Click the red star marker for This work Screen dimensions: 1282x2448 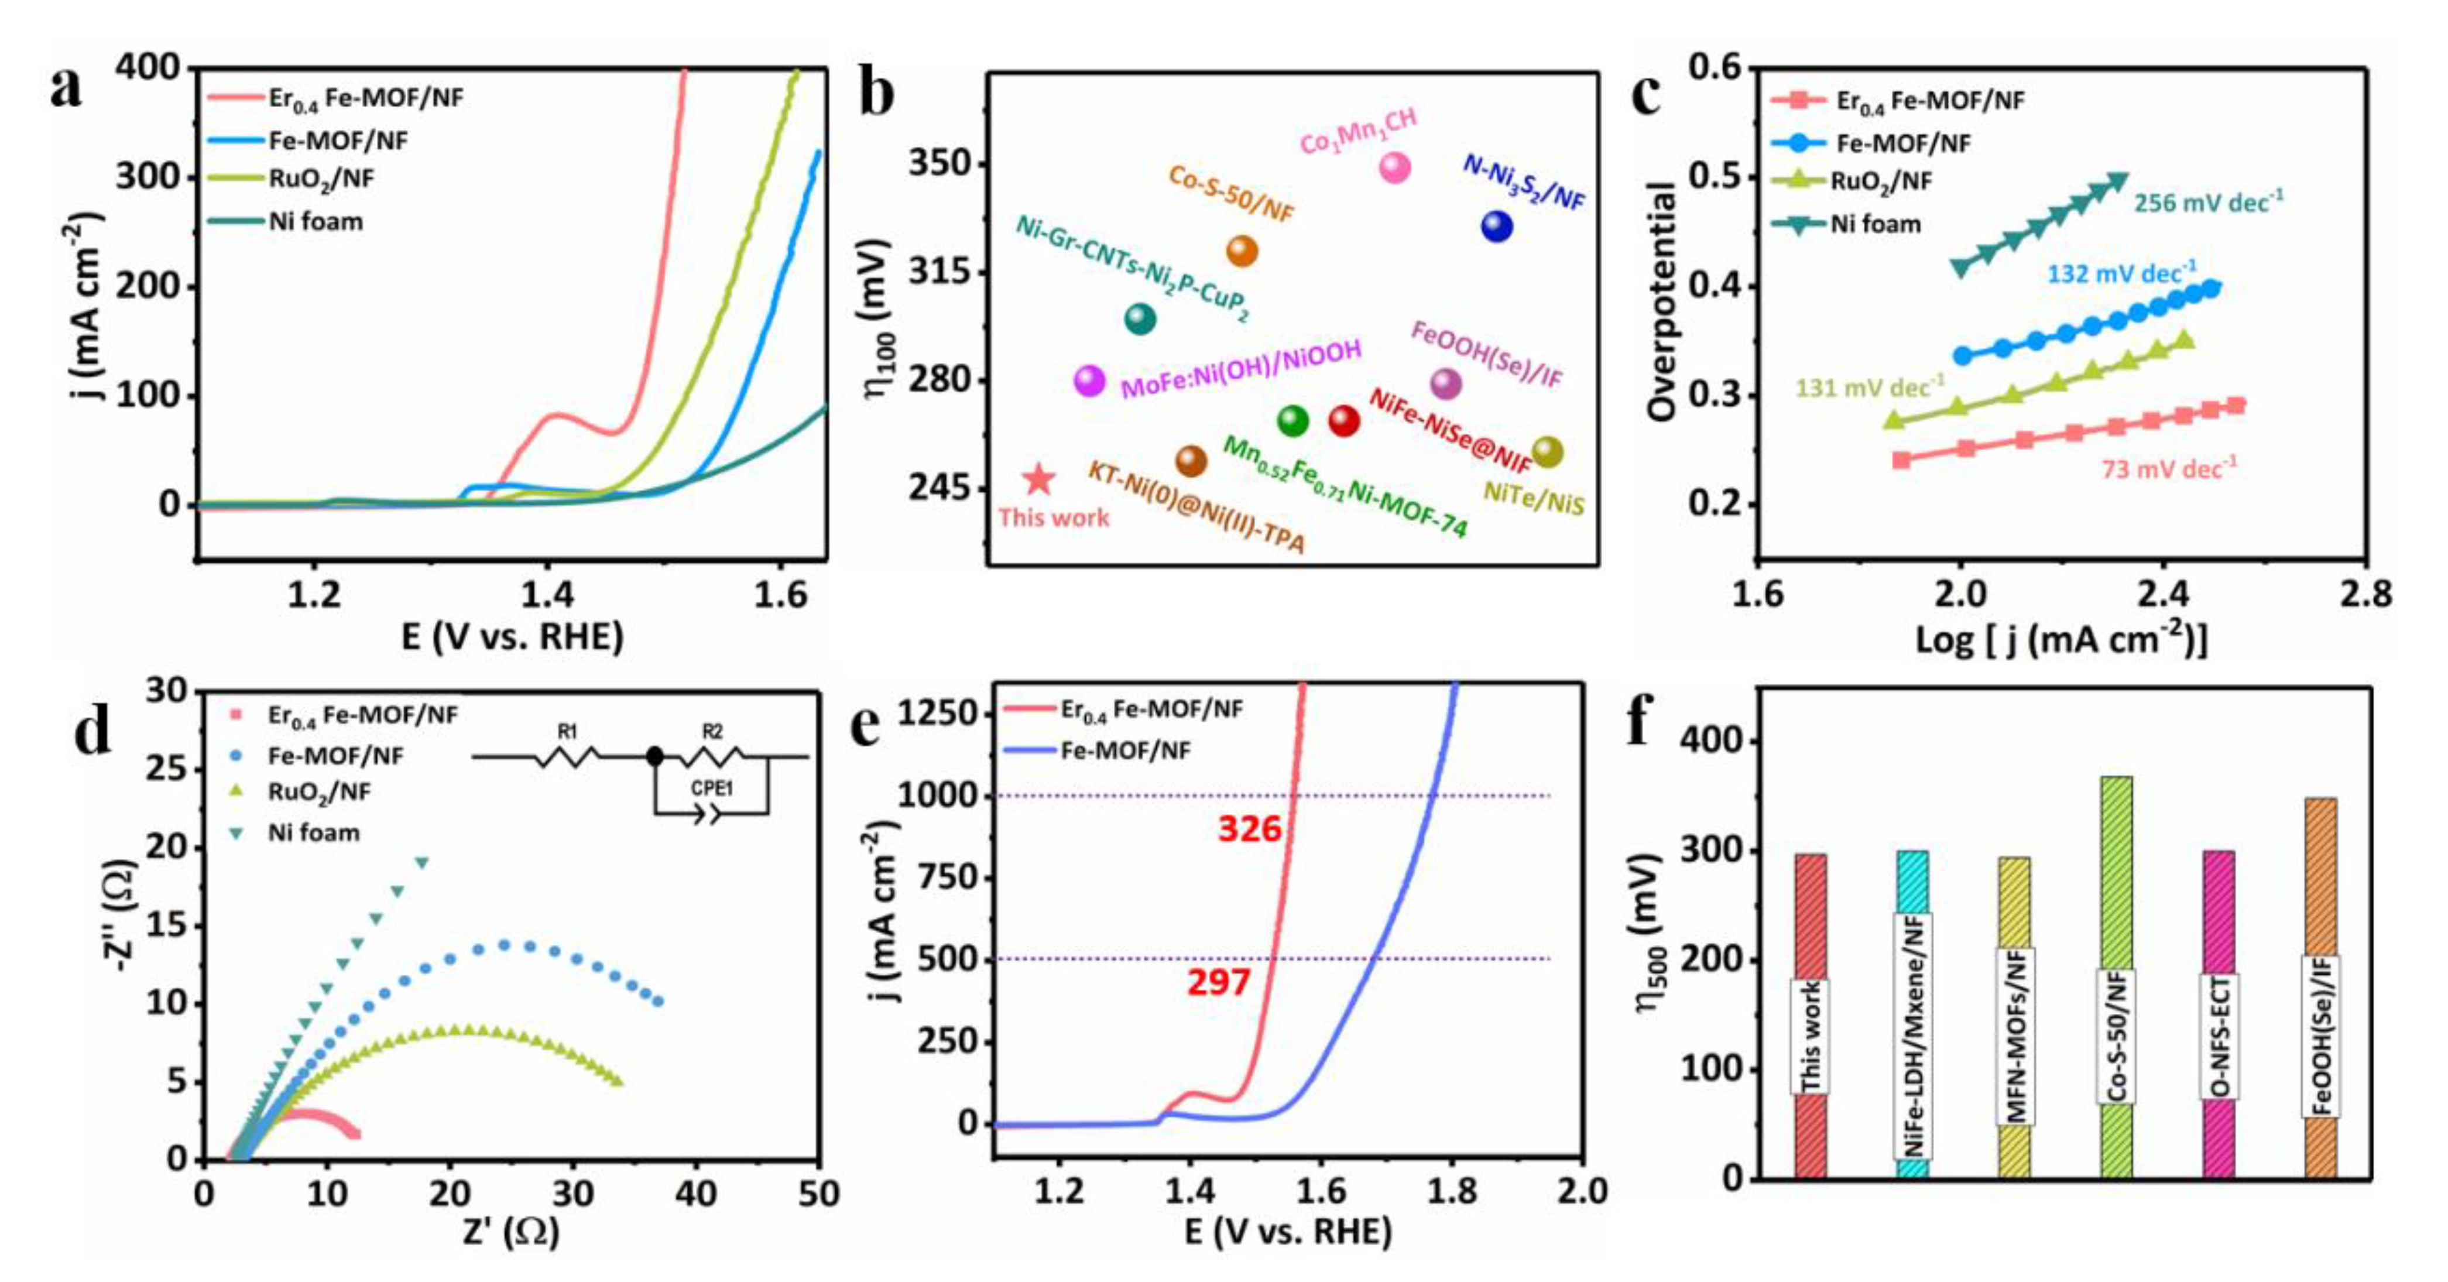point(1038,480)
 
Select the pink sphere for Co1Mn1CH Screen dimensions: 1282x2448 point(1394,168)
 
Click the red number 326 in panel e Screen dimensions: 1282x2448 point(1250,829)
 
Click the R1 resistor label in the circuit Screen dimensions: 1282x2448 point(567,732)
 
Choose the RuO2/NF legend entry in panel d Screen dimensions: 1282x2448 point(319,791)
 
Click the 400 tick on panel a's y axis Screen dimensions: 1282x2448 point(148,67)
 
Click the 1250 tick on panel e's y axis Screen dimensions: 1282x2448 point(936,713)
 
